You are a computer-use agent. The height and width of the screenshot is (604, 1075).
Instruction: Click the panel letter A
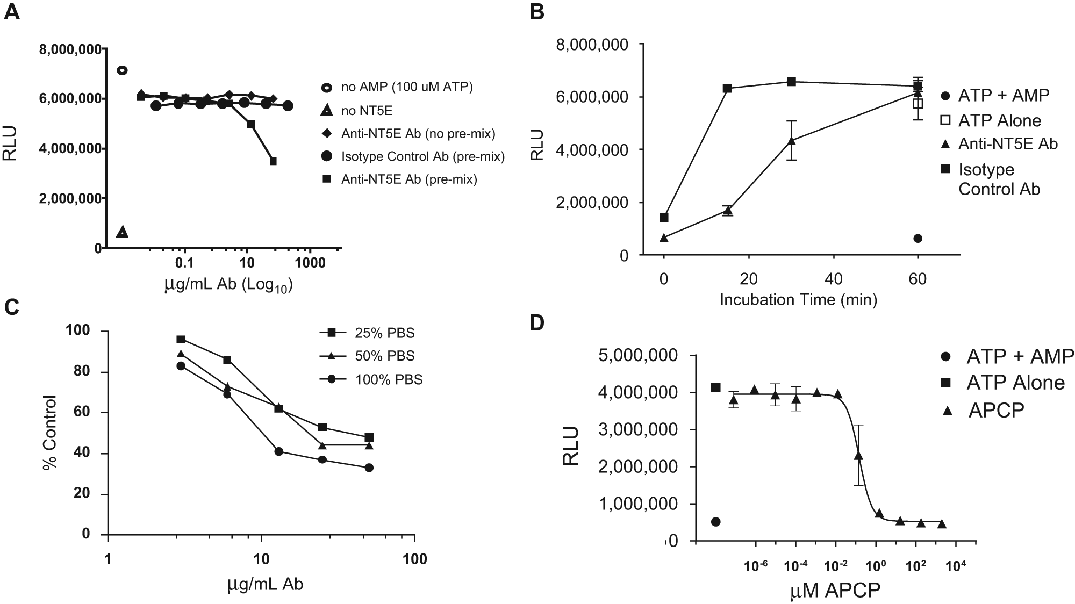[11, 11]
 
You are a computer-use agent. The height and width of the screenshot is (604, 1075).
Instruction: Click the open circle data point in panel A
[123, 70]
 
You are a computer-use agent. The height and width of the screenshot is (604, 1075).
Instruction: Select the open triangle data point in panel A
[123, 232]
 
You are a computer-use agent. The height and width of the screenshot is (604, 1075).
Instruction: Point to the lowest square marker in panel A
[273, 161]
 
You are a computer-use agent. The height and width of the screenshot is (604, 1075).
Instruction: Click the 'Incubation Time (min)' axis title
[798, 299]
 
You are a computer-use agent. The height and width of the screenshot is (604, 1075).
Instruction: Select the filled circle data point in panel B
[918, 238]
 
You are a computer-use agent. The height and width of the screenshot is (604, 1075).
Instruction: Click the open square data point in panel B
[918, 103]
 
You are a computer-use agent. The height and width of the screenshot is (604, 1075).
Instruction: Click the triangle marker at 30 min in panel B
[791, 141]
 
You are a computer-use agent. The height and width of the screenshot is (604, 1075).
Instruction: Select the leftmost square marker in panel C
[181, 339]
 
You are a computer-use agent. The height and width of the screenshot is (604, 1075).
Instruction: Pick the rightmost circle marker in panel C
[369, 468]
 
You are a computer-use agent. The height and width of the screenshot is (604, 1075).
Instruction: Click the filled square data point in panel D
[715, 387]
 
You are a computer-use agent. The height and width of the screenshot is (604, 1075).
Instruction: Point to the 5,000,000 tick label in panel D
[639, 356]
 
